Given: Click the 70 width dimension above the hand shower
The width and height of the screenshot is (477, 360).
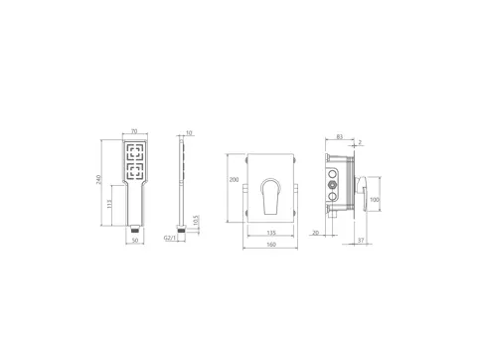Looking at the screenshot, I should [x=135, y=131].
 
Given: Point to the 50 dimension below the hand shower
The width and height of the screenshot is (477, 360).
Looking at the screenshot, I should [x=135, y=240].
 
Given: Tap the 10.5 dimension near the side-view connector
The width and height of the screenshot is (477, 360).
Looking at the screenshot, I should [x=197, y=221].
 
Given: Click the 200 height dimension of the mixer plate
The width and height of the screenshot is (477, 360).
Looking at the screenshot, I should [x=235, y=181].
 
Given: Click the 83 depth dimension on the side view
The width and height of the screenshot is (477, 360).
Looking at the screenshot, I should [x=340, y=136].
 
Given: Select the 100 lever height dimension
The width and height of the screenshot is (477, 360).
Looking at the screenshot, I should [x=375, y=200].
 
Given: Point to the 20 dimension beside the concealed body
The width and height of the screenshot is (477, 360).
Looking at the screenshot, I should [x=316, y=233].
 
